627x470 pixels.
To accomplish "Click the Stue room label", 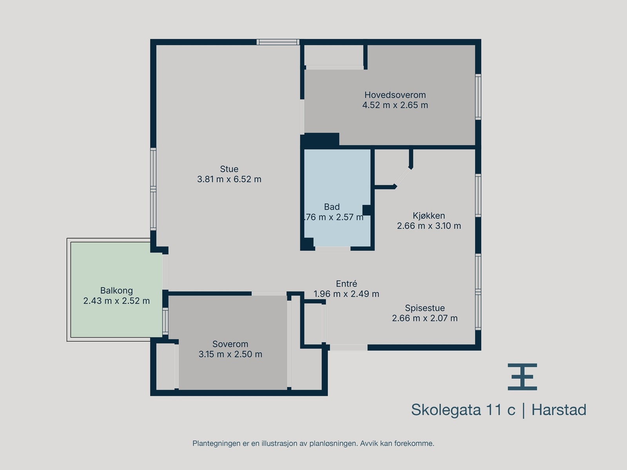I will [229, 169].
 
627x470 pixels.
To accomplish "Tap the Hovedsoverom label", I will [395, 95].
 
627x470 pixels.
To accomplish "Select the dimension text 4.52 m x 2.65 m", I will [395, 105].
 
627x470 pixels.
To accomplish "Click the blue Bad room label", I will [332, 207].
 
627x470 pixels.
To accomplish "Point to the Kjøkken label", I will [429, 216].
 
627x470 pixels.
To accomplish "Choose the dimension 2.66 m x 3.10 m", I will [429, 226].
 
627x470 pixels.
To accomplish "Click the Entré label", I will [346, 284].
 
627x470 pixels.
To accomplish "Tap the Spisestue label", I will [425, 308].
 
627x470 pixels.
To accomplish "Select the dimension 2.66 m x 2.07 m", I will [425, 318].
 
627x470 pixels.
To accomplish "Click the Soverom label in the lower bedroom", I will [230, 344].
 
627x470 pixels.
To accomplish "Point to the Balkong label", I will [116, 291].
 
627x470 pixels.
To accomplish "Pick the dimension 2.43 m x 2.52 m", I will [116, 301].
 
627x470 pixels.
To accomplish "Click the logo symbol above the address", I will [522, 377].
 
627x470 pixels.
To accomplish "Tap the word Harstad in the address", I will [559, 410].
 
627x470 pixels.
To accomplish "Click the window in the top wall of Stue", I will [278, 42].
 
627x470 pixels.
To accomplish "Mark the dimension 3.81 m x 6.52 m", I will [229, 179].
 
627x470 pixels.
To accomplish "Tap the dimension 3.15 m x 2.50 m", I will [230, 354].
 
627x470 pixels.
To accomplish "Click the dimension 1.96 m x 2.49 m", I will [346, 294].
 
